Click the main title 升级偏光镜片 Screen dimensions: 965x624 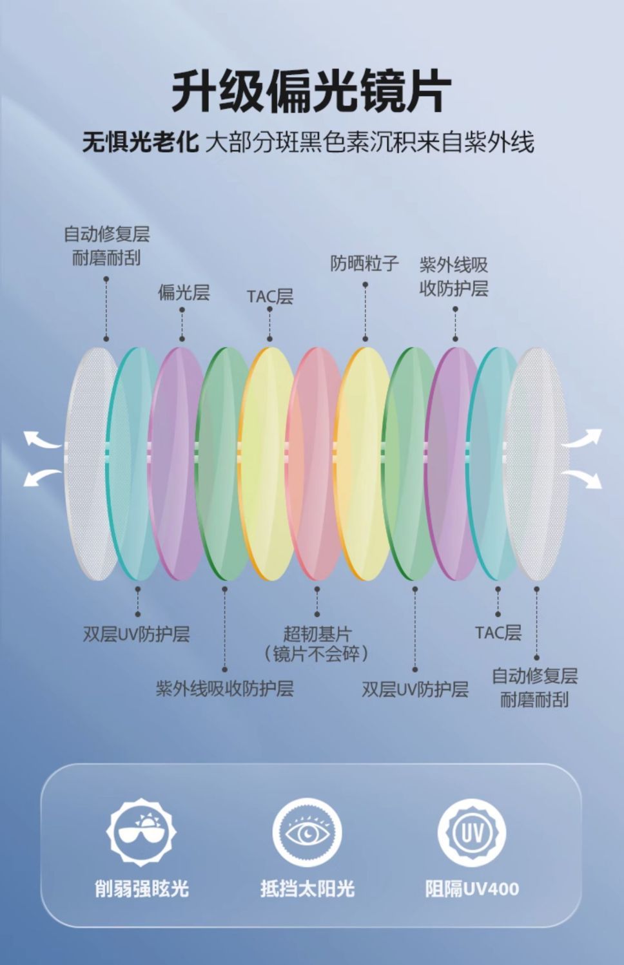coord(311,92)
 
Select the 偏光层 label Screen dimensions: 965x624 coord(184,292)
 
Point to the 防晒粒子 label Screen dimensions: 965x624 coord(364,263)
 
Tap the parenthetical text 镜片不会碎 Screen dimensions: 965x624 coord(317,654)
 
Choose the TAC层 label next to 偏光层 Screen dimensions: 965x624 coord(269,296)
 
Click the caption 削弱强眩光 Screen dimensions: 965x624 coord(142,889)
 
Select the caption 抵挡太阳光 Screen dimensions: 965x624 coord(307,889)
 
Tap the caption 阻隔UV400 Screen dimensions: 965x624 coord(472,889)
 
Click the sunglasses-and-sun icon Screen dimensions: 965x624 coord(141,832)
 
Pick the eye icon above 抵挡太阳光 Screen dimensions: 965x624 coord(307,833)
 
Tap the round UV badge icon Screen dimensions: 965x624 coord(471,833)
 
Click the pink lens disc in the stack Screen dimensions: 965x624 coord(316,464)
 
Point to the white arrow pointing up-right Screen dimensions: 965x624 coord(583,440)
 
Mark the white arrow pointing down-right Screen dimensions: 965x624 coord(583,478)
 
